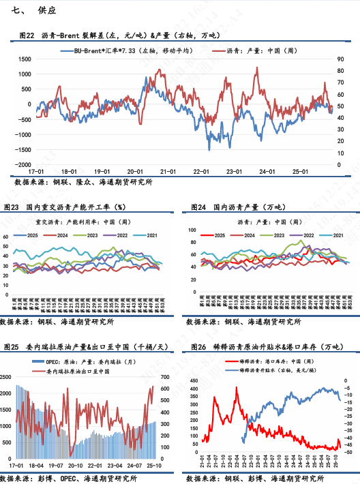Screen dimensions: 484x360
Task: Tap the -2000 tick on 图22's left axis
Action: (x=22, y=165)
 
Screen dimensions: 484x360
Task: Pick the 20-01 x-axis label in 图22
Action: (x=134, y=172)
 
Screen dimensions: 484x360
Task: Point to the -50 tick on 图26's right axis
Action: (x=348, y=452)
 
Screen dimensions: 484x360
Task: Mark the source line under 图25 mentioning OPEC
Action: (x=75, y=479)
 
